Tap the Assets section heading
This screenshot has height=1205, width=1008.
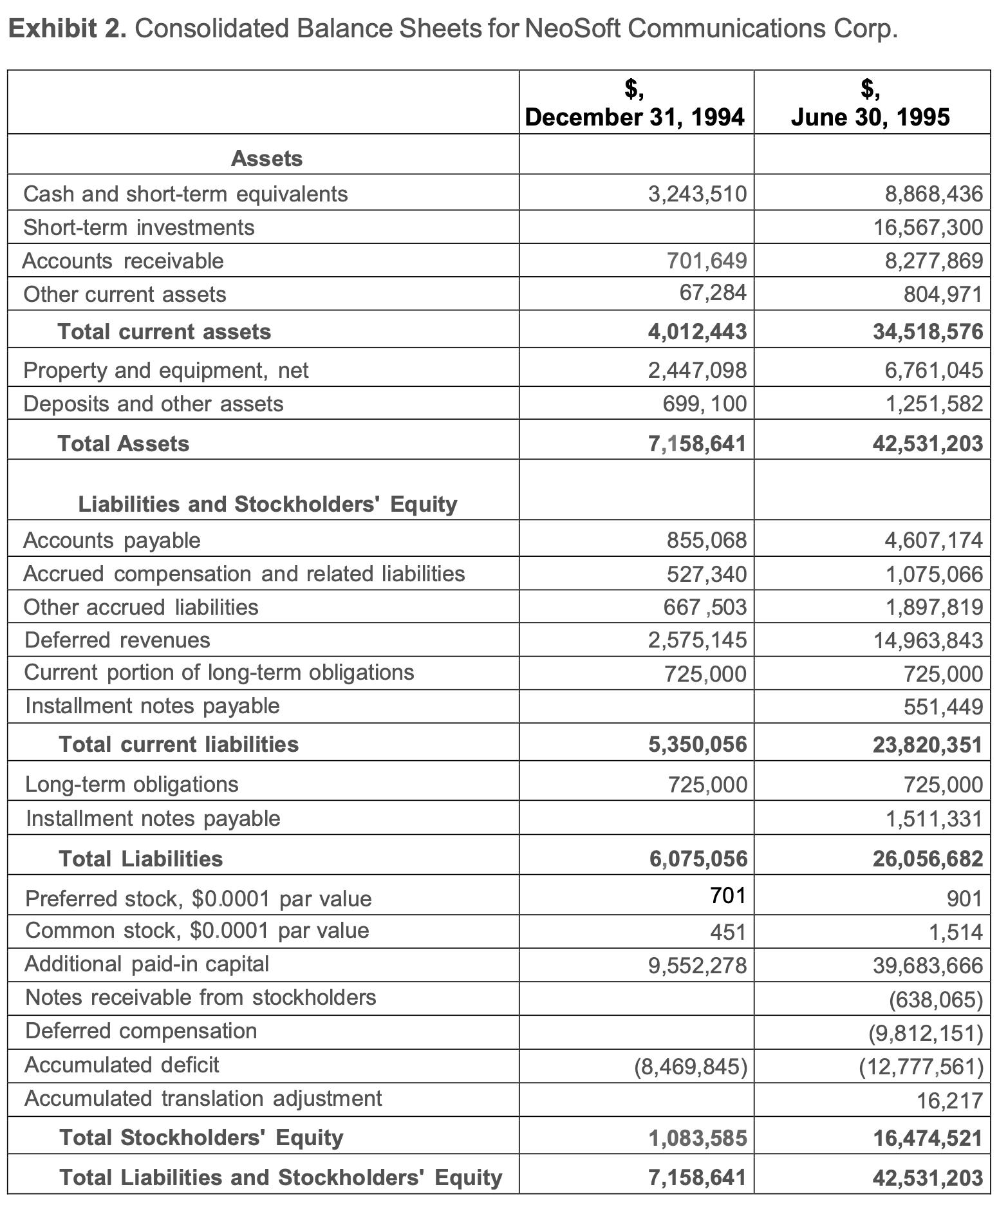click(x=266, y=158)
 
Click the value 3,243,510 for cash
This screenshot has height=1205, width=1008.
click(x=697, y=194)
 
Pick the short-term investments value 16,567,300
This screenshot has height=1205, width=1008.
click(x=928, y=227)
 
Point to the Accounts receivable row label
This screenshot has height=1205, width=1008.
click(x=123, y=261)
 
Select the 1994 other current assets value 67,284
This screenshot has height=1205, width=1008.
click(x=713, y=293)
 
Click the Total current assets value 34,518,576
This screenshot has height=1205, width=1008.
click(x=928, y=332)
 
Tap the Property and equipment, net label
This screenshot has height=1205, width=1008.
click(x=166, y=370)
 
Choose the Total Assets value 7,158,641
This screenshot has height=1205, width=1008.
click(x=697, y=444)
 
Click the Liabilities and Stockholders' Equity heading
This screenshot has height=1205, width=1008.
click(x=268, y=504)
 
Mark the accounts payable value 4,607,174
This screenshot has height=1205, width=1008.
click(x=934, y=540)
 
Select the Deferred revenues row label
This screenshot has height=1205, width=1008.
click(x=117, y=640)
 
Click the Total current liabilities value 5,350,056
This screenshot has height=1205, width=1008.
click(x=697, y=745)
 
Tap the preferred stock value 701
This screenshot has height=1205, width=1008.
click(x=727, y=895)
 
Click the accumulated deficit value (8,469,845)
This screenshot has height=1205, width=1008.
click(x=691, y=1067)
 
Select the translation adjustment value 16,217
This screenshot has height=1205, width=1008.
click(x=949, y=1101)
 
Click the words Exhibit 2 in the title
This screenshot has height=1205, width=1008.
click(x=67, y=28)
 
